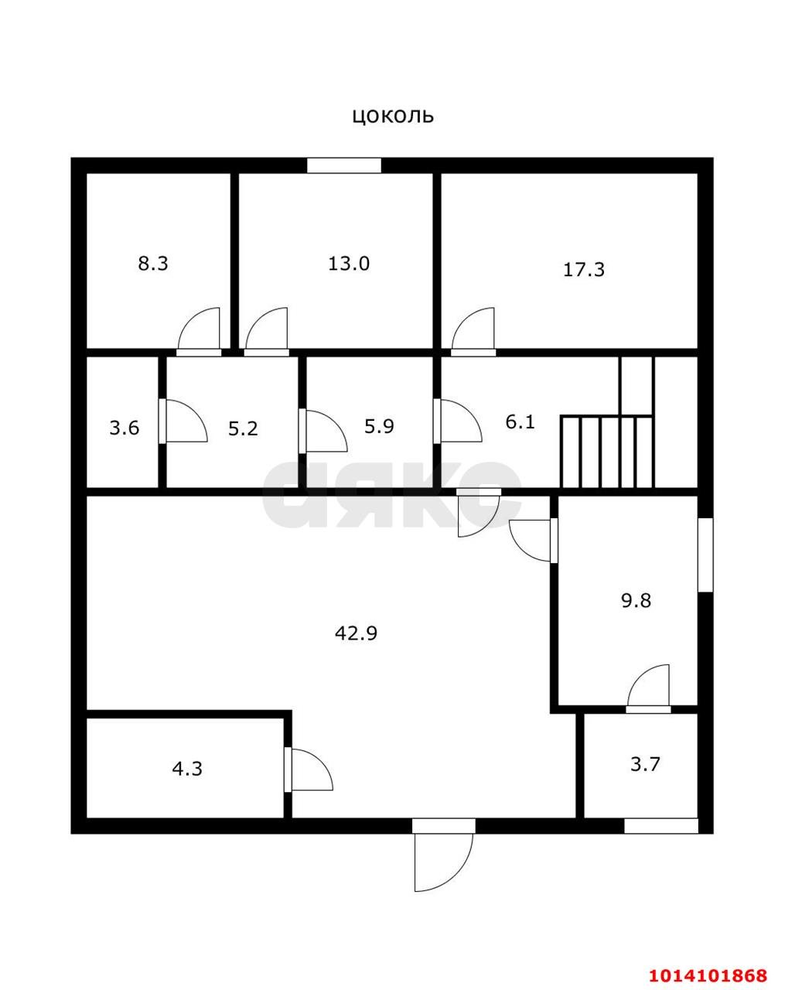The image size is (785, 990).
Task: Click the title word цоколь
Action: (393, 116)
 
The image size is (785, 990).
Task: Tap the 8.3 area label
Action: (152, 264)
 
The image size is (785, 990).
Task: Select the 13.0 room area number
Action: (348, 264)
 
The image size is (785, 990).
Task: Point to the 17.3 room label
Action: (583, 270)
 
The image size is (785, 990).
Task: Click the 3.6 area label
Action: (124, 428)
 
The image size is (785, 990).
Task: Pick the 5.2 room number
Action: (242, 428)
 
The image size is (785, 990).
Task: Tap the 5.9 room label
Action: (379, 426)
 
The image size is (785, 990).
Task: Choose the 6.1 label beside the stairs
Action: (520, 422)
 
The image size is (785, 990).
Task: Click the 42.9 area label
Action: (356, 633)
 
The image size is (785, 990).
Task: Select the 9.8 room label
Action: (636, 600)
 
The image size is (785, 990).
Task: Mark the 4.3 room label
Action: (187, 769)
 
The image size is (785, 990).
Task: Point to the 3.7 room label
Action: (645, 764)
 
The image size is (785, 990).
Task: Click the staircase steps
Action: (608, 452)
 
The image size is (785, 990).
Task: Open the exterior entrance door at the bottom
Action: (442, 859)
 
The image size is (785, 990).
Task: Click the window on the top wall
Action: (344, 166)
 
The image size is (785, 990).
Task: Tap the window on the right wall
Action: (705, 555)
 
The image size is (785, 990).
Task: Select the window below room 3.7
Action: (660, 826)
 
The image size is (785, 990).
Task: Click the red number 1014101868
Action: (708, 975)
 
